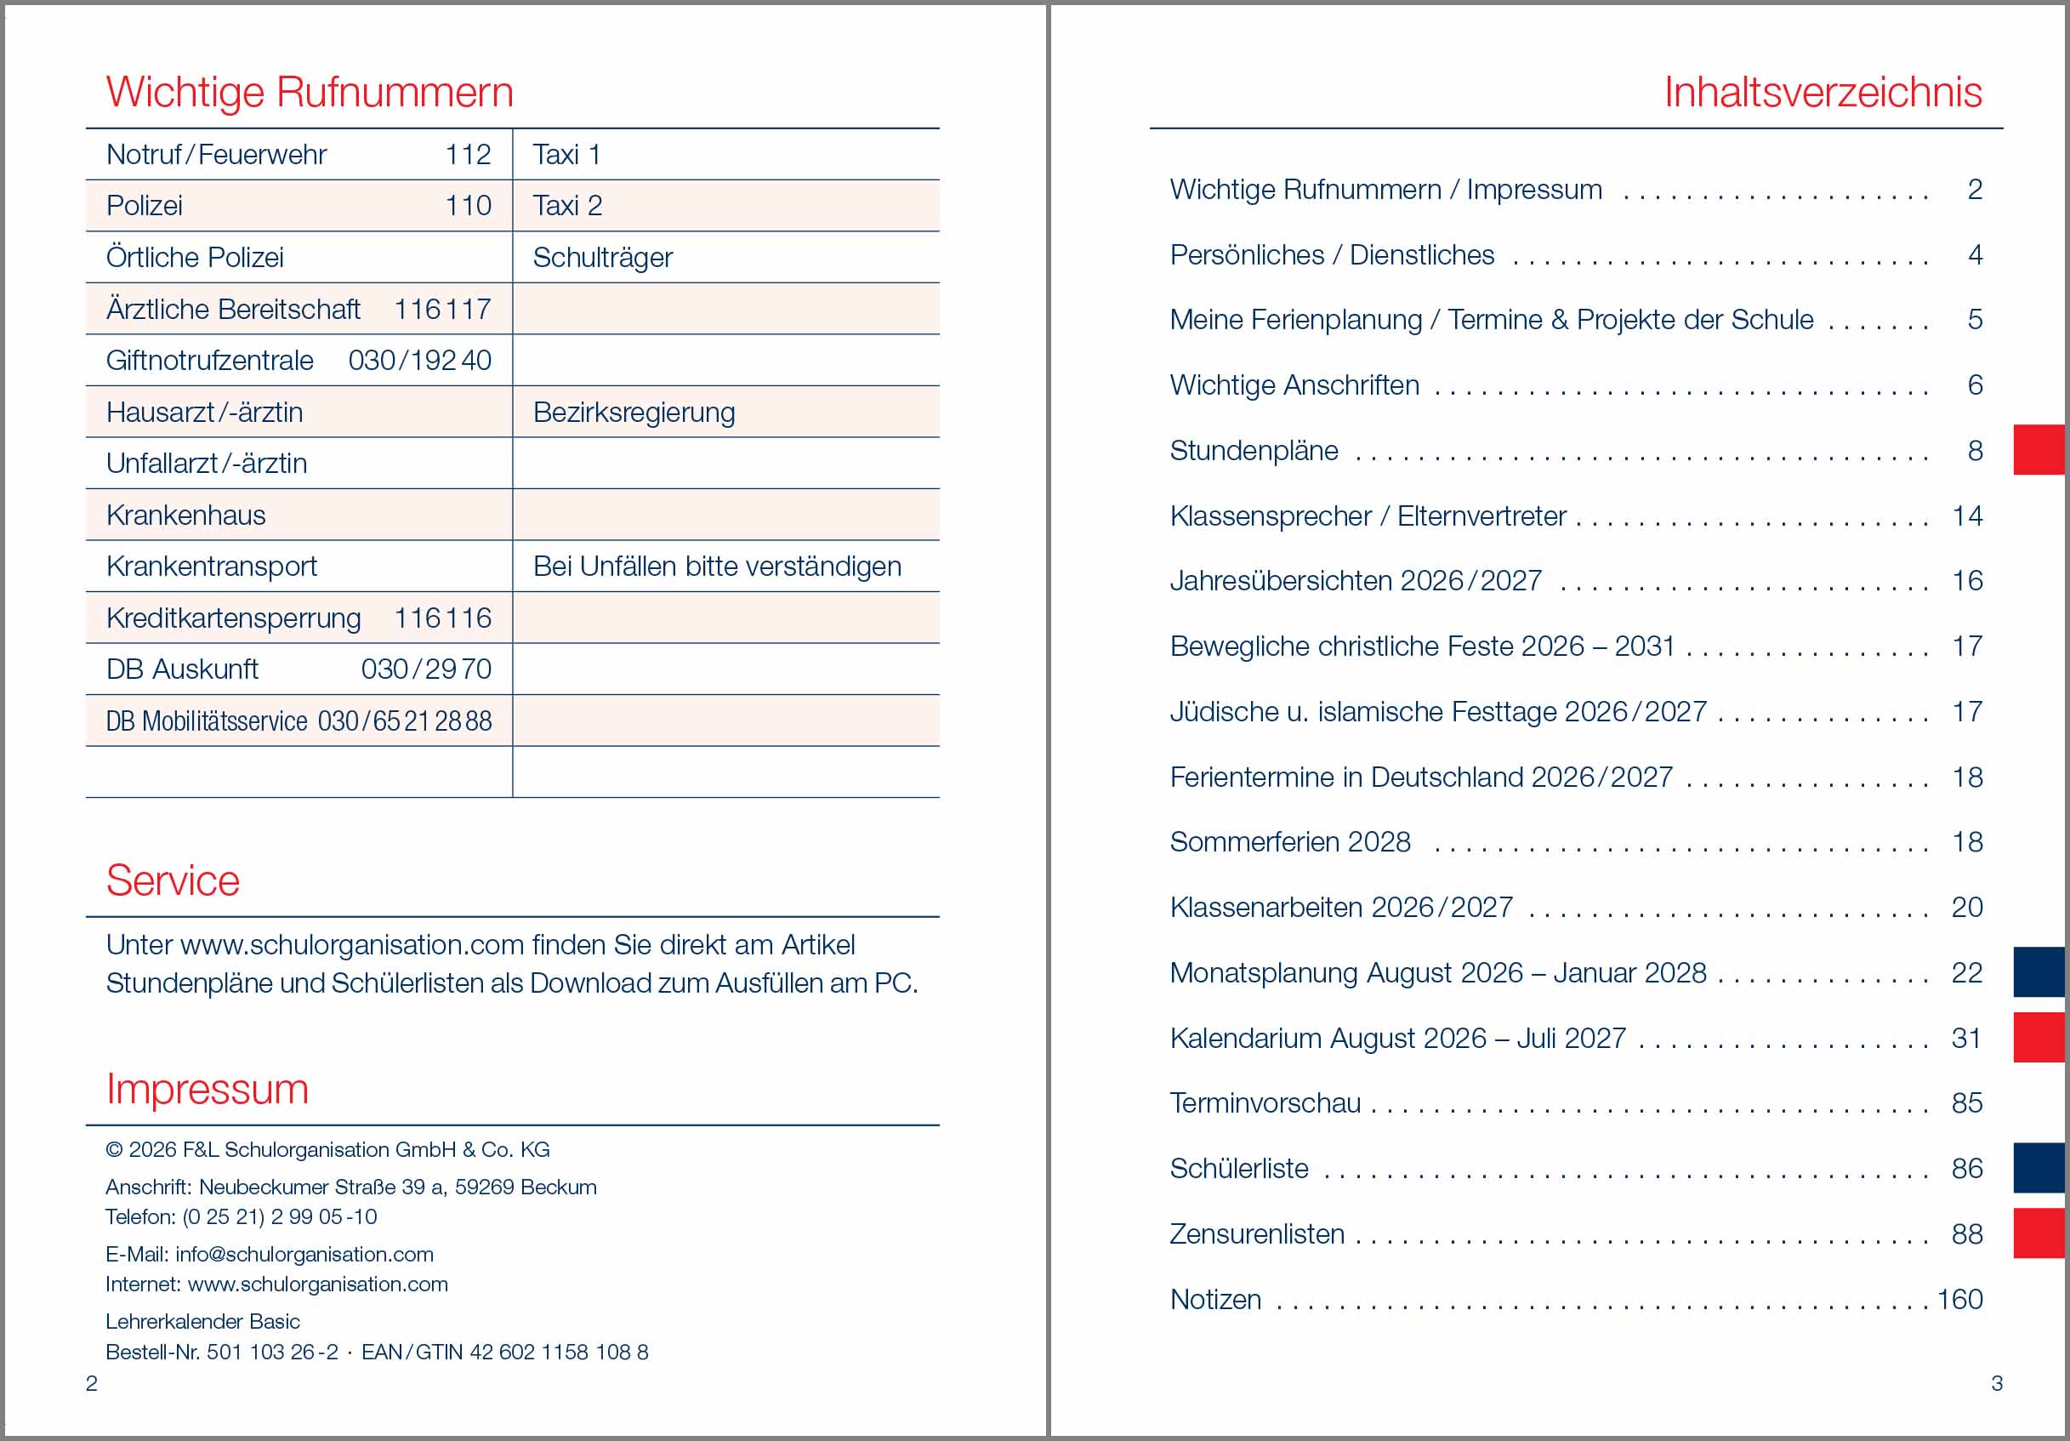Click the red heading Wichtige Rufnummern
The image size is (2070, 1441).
(310, 92)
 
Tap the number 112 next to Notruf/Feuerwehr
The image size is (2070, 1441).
(468, 155)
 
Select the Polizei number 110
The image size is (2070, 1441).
(468, 207)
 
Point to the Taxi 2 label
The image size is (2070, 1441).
(567, 207)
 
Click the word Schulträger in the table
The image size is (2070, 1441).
(602, 258)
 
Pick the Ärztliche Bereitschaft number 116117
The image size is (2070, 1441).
(443, 310)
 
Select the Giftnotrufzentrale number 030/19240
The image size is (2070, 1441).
(419, 361)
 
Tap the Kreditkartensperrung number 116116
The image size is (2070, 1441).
(443, 618)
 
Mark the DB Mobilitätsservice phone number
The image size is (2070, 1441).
(405, 721)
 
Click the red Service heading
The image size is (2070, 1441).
(173, 881)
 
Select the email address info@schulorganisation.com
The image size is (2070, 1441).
(304, 1255)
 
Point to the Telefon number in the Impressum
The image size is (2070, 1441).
(280, 1217)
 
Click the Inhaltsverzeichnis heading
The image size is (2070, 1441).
(1822, 92)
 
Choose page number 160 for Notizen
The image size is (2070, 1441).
(1959, 1300)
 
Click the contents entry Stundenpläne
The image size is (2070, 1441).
(1254, 451)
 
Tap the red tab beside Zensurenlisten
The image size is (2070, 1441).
(2039, 1233)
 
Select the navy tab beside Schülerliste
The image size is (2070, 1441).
(2039, 1168)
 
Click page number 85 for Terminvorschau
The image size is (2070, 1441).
(1966, 1102)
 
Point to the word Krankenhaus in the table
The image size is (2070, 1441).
(185, 515)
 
